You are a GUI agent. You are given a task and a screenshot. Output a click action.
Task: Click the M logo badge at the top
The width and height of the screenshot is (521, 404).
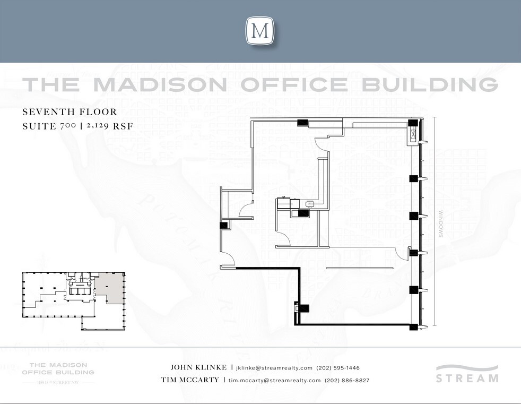click(260, 31)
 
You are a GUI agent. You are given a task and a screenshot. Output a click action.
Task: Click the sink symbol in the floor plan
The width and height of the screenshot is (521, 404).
click(310, 203)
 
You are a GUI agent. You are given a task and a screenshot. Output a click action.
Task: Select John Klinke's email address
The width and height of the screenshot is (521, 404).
click(274, 368)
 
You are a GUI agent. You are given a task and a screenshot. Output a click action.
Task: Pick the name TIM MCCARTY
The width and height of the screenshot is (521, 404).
click(190, 380)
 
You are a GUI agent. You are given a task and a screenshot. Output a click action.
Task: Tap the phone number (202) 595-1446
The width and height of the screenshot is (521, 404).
click(338, 368)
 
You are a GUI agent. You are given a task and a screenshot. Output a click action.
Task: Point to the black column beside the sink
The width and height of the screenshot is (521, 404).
click(303, 213)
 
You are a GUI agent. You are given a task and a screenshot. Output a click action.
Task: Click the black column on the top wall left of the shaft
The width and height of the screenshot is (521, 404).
click(302, 123)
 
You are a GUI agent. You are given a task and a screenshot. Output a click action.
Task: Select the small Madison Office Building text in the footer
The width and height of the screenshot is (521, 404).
click(62, 368)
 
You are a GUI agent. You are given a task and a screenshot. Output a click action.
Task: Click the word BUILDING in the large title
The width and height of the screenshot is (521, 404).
click(427, 85)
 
